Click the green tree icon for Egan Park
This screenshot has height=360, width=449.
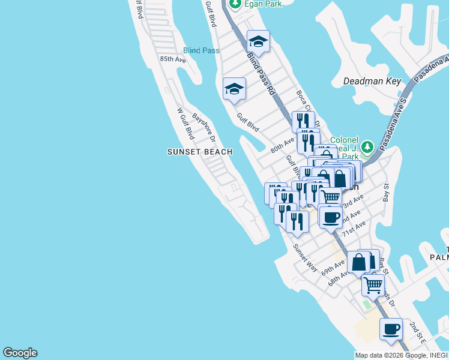pos(235,4)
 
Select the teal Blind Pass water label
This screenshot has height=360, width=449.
pos(201,50)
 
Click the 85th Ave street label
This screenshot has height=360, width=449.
pos(173,59)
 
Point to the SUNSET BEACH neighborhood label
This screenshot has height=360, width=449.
pos(199,152)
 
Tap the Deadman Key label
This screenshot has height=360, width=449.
pos(372,81)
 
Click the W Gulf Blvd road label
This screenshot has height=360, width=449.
pos(185,124)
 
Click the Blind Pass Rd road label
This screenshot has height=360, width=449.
pos(261,74)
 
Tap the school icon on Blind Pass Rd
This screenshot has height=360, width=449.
pos(258,41)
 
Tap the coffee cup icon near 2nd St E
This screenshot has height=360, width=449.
pos(391,329)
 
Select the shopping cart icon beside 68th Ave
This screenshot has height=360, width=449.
pos(373,284)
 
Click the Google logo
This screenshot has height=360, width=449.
pos(20,353)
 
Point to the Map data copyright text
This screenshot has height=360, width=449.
pos(401,355)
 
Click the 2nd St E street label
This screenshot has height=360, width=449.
pos(418,332)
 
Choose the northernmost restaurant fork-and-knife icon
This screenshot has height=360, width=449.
pos(303,121)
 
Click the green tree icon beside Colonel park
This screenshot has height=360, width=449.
pos(367,146)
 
